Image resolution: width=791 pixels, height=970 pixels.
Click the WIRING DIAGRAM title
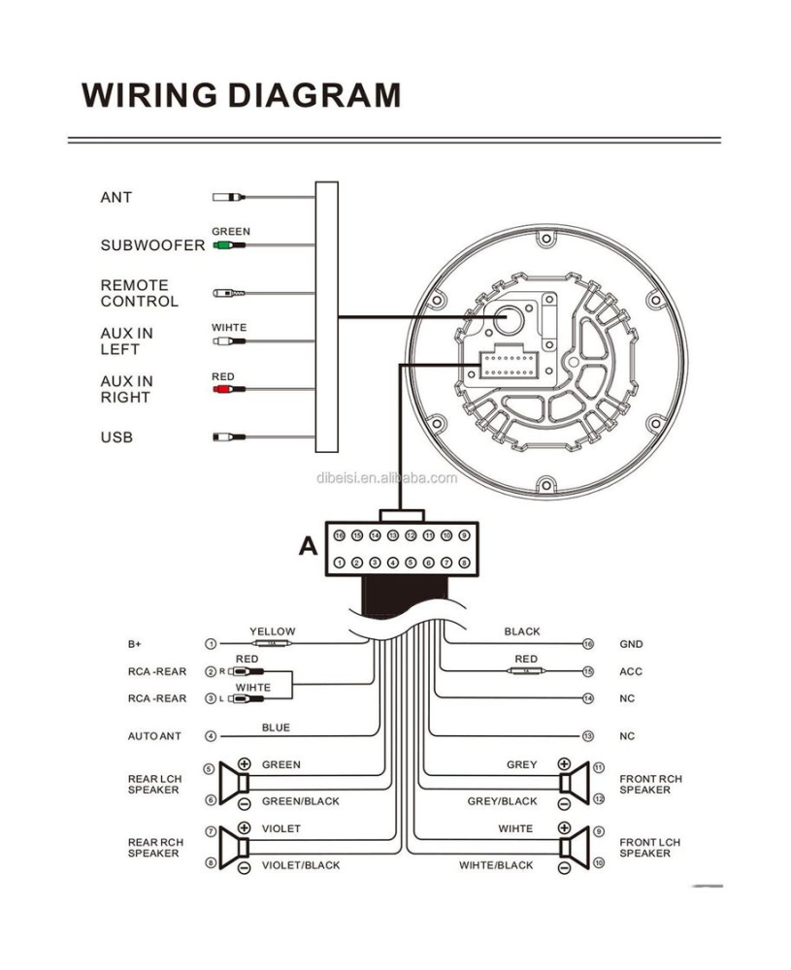click(x=241, y=95)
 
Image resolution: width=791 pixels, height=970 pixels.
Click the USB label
click(x=116, y=437)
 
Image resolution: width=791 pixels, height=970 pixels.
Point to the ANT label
click(x=115, y=198)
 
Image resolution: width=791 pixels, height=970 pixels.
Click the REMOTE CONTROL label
click(x=140, y=293)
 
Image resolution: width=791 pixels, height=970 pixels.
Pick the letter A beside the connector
click(x=308, y=546)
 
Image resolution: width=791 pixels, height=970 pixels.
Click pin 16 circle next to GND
click(x=587, y=644)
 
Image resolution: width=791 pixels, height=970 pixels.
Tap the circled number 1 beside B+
click(x=210, y=644)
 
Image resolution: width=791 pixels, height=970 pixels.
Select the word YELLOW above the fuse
click(x=272, y=631)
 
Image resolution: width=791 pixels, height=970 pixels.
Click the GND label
click(x=631, y=644)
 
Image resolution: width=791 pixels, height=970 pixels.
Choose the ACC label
click(x=631, y=671)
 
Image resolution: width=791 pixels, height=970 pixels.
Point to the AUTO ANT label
click(x=154, y=736)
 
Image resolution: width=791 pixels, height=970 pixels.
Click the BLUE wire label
click(x=276, y=727)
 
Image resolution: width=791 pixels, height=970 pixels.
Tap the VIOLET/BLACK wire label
click(x=301, y=865)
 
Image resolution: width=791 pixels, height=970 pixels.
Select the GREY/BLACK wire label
click(x=502, y=801)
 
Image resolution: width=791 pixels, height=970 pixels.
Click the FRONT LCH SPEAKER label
click(x=650, y=848)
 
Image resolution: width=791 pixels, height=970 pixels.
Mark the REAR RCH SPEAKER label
click(x=155, y=848)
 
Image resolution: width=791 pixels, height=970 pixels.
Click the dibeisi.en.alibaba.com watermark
click(x=386, y=477)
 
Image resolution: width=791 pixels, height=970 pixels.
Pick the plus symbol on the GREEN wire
click(x=245, y=764)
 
